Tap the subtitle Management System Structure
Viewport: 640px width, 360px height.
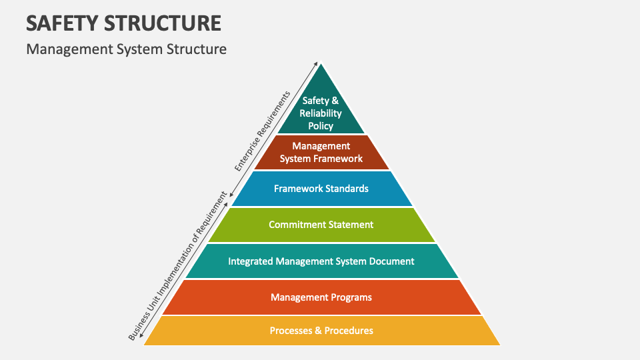127,49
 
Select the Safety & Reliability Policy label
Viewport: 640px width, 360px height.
321,113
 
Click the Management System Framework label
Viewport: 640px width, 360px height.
321,152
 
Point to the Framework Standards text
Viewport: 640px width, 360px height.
321,189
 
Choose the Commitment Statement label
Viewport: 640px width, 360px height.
321,225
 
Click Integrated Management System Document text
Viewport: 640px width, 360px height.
321,261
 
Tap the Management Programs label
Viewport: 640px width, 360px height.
321,297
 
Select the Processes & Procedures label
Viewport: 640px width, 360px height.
321,331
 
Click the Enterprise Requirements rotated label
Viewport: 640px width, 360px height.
263,131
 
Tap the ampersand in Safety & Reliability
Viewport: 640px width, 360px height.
335,101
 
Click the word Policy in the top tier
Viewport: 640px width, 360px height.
321,125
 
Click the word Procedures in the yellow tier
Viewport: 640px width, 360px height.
349,331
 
